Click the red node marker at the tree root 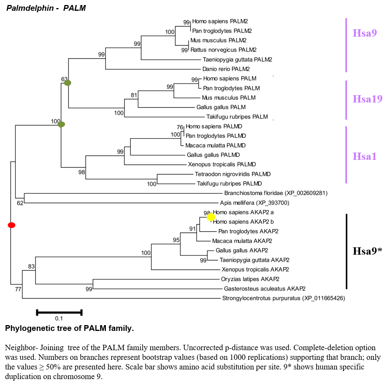coord(12,225)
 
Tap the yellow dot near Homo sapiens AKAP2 coord(211,217)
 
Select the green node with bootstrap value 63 coord(67,83)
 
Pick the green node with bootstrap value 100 coord(61,124)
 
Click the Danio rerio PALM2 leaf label coord(226,69)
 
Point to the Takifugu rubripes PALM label coord(237,117)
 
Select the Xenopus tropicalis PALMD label coord(222,164)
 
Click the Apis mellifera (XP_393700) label coord(255,203)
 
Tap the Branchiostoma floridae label coord(276,193)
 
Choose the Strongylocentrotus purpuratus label coord(283,298)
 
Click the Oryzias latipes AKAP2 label coord(250,279)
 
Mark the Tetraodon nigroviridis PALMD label coord(233,174)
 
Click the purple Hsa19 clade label coord(367,99)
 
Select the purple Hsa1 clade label coord(365,156)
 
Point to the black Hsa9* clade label coord(367,251)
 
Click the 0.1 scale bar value coord(59,319)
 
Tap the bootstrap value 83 coord(31,267)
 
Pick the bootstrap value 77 coord(18,289)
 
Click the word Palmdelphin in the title coord(30,8)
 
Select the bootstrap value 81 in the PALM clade coord(134,95)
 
